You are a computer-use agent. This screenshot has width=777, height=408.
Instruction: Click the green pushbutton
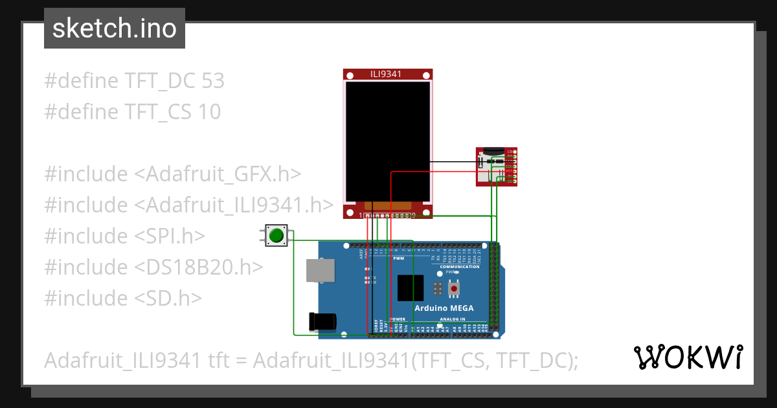point(276,235)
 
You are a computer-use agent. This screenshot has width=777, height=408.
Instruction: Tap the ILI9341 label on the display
point(386,74)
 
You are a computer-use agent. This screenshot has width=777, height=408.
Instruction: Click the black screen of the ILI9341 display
point(387,141)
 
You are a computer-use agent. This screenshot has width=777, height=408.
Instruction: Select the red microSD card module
point(496,166)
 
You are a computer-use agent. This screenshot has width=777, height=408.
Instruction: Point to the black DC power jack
point(323,321)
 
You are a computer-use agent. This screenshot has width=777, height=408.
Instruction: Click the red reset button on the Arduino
point(455,288)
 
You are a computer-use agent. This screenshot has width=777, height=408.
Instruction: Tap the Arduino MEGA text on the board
point(444,308)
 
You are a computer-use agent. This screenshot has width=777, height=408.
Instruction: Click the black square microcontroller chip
point(411,288)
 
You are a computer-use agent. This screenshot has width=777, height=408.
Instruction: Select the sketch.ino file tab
point(115,28)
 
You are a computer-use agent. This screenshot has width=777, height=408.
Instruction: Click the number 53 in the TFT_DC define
point(213,81)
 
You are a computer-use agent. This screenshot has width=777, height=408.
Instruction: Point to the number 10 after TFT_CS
point(210,112)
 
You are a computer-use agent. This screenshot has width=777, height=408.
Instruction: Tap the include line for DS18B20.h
point(153,267)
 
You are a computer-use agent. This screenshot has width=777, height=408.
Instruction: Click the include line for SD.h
point(123,298)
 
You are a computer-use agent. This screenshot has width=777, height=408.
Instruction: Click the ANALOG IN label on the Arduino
point(453,319)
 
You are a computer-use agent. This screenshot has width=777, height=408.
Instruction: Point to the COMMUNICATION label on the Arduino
point(460,267)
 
